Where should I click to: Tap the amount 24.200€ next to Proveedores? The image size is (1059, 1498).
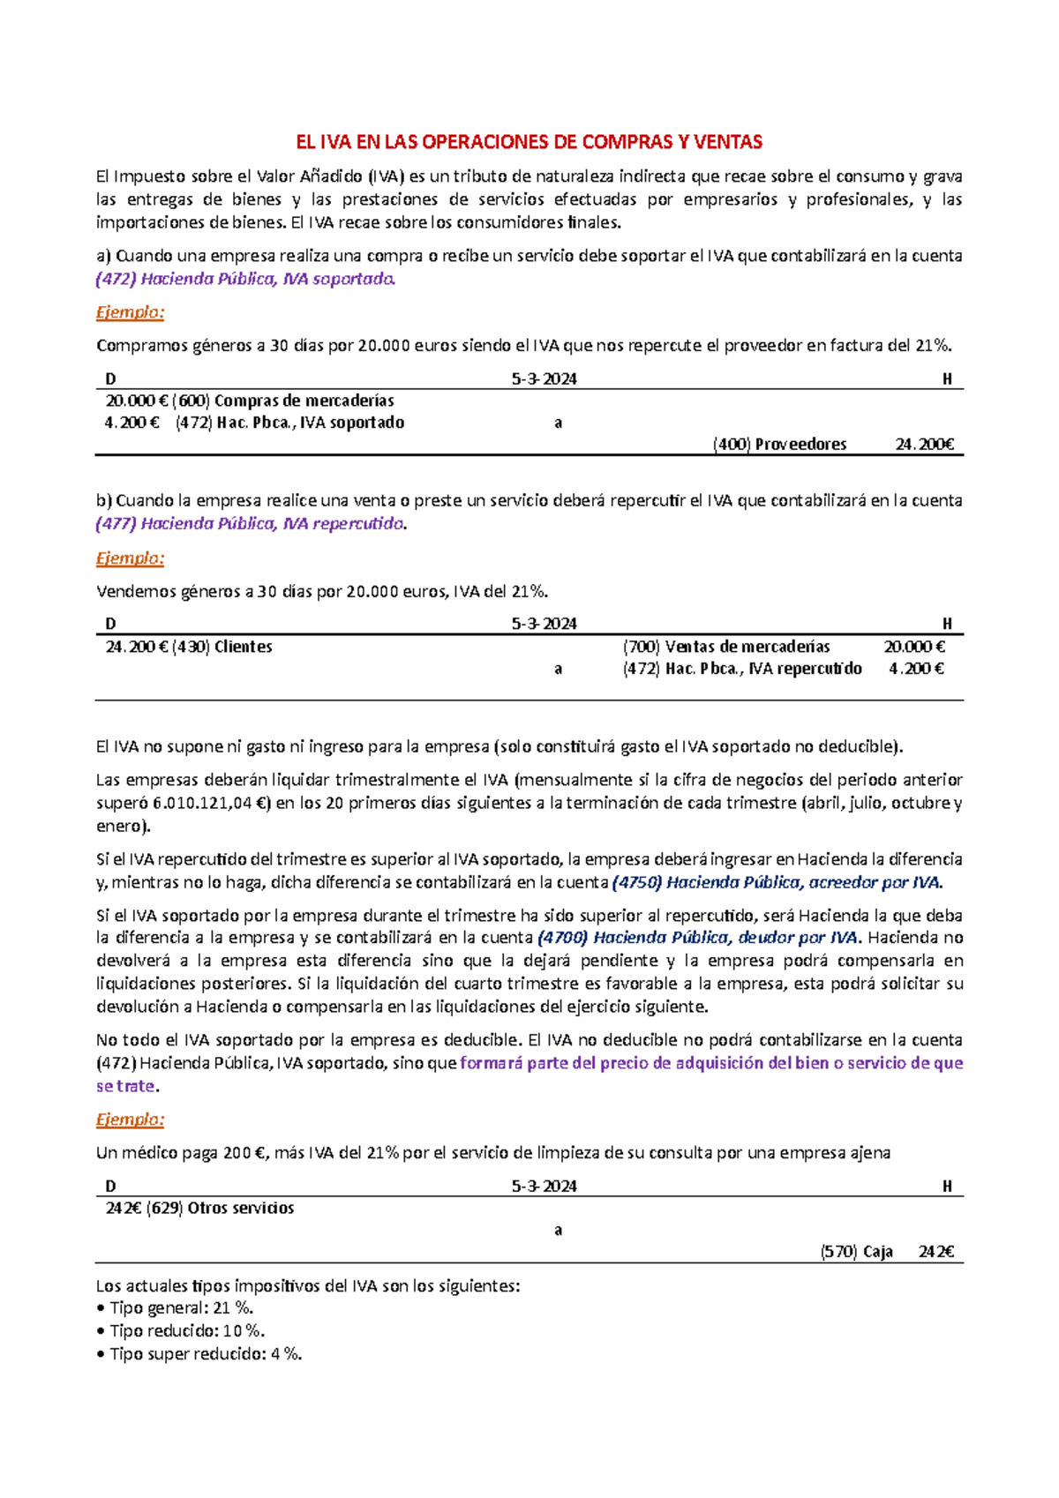(924, 445)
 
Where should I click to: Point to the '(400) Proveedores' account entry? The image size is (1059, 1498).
(779, 445)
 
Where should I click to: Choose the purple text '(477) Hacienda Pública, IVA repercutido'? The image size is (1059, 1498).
(250, 524)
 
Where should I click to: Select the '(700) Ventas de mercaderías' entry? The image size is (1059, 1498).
(726, 647)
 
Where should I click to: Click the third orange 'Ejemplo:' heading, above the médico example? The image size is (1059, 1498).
(130, 1120)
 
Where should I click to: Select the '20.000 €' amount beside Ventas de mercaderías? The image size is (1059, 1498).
(914, 647)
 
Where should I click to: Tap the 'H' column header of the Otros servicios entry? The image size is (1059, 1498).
(947, 1187)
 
